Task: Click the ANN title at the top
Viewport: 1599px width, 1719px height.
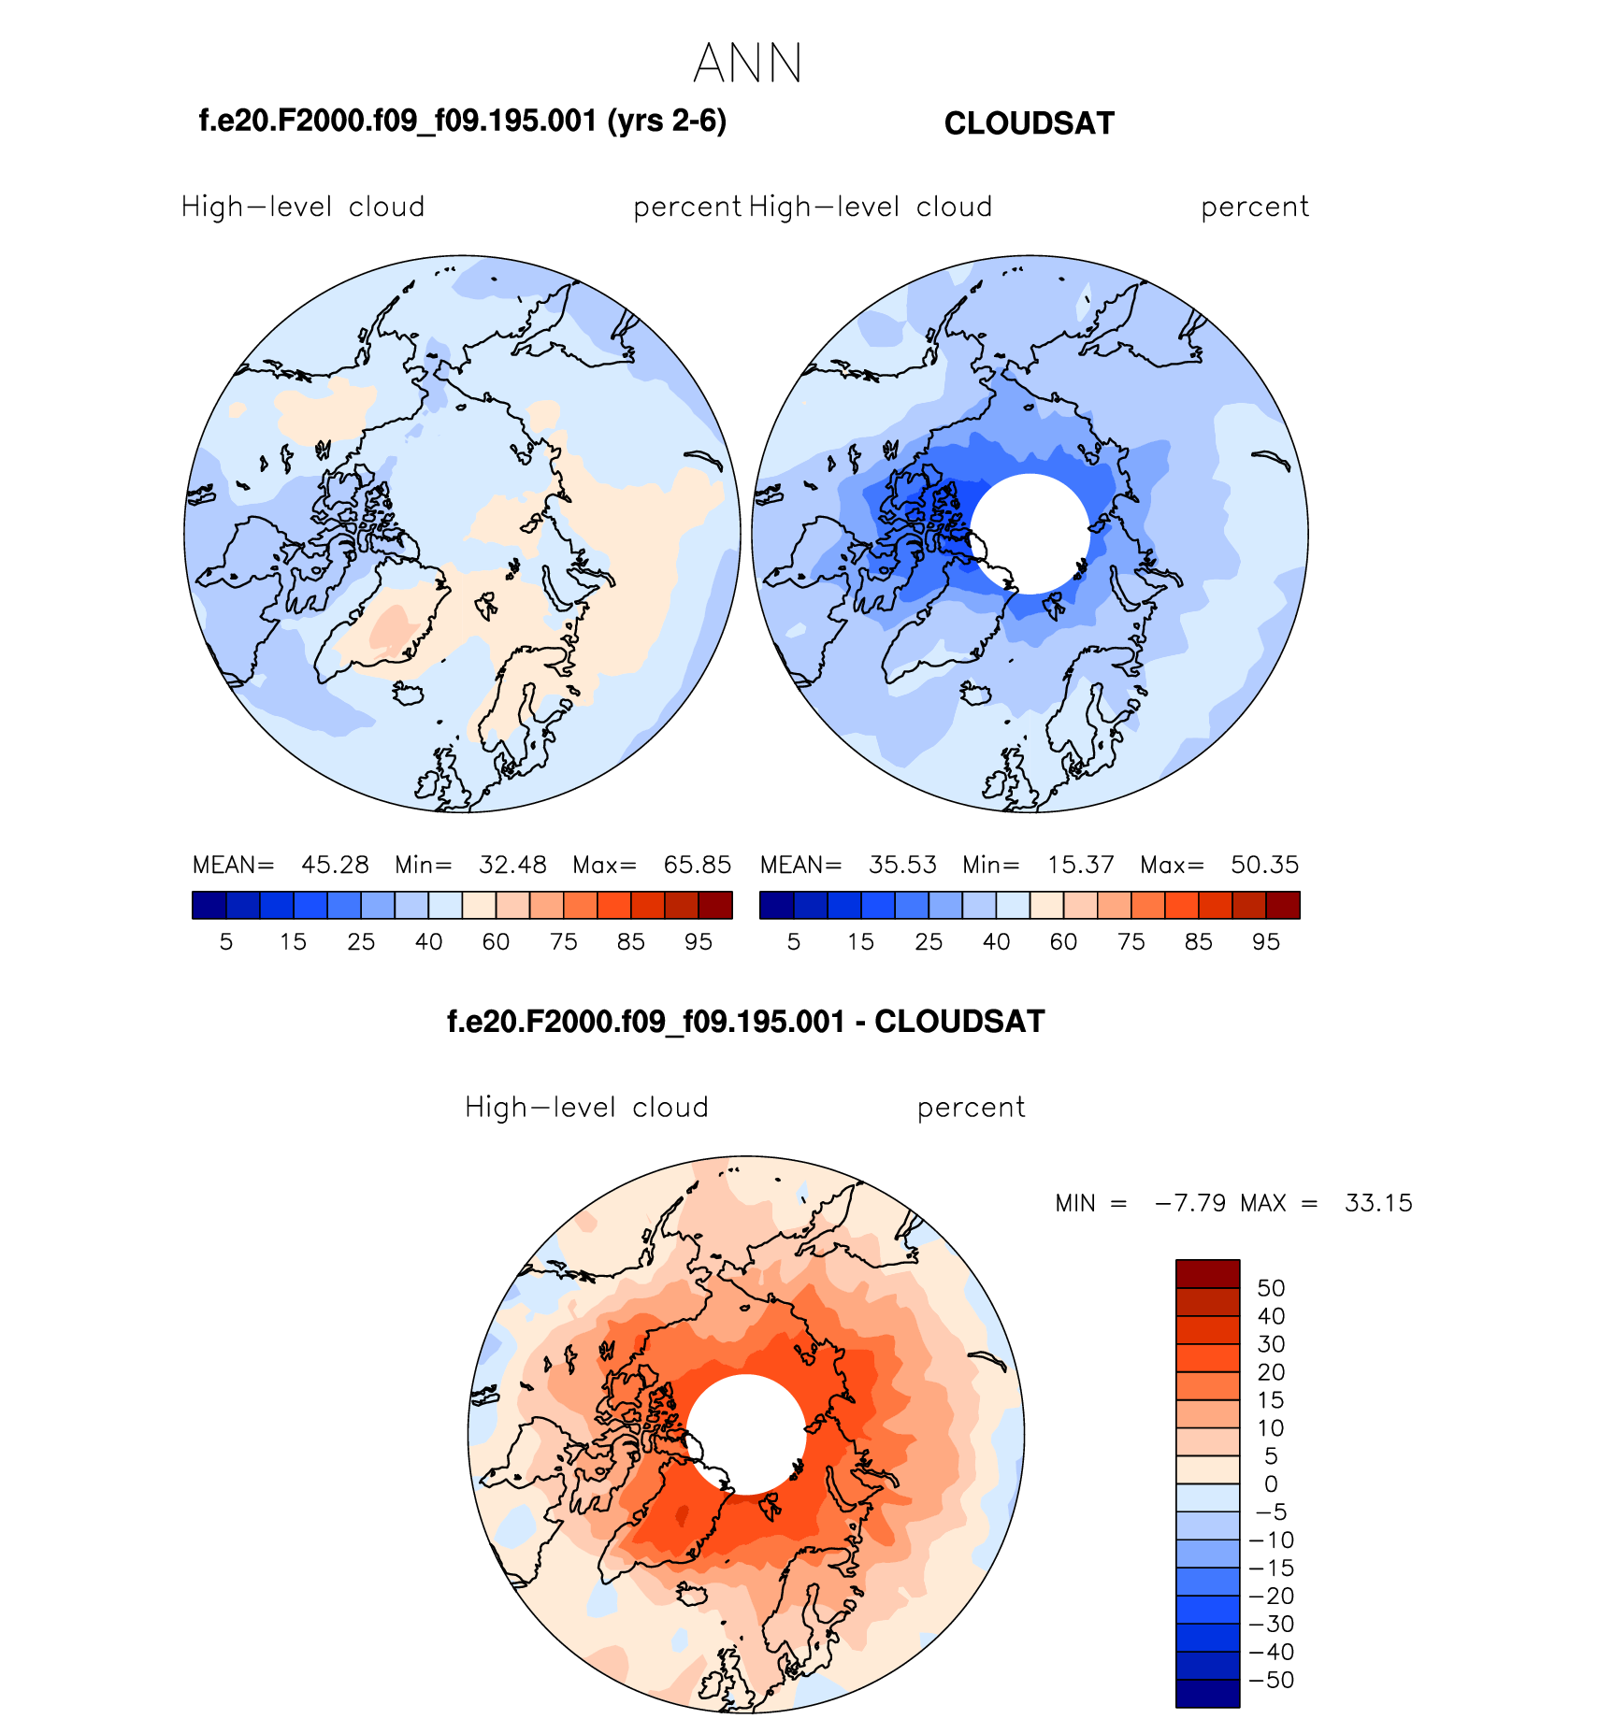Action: coord(748,64)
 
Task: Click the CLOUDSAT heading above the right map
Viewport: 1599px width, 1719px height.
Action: coord(1029,123)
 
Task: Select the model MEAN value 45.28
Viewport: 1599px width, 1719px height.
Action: coord(335,865)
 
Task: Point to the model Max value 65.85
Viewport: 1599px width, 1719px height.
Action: coord(697,865)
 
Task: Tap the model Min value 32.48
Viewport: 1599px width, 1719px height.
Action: coord(512,865)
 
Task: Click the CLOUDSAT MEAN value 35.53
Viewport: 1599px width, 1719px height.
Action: coord(902,865)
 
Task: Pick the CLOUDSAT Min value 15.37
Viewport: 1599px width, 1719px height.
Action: coord(1080,865)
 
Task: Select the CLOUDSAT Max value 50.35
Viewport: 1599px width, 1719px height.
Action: coord(1264,865)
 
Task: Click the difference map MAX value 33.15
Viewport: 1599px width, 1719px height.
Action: coord(1378,1203)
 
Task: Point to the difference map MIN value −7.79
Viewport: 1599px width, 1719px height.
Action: coord(1190,1203)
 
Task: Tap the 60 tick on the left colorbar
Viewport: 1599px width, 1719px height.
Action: coord(496,942)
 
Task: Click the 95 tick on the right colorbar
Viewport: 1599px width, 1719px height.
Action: coord(1266,942)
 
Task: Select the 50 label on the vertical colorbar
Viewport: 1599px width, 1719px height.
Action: coord(1271,1288)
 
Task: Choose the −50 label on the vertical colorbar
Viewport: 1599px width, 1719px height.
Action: coord(1271,1680)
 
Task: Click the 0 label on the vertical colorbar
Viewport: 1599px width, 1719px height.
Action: coord(1271,1483)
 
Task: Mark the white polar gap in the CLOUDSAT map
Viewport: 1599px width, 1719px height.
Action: coord(1030,534)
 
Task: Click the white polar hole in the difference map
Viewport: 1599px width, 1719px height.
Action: coord(745,1434)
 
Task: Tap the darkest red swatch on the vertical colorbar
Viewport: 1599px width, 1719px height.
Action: coord(1207,1273)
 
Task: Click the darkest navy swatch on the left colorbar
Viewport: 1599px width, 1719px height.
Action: coord(209,905)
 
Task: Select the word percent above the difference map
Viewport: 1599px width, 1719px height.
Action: coord(971,1108)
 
